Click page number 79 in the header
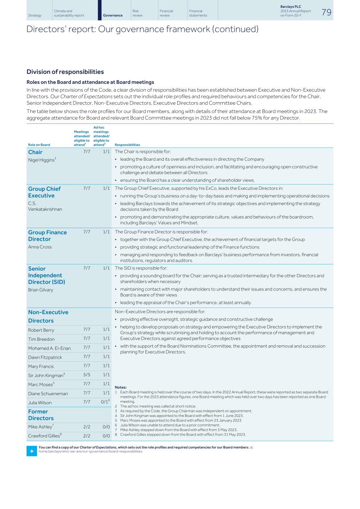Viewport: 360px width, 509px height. pyautogui.click(x=326, y=12)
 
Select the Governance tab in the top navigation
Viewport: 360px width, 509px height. pyautogui.click(x=113, y=15)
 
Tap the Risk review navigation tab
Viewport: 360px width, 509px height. pyautogui.click(x=137, y=13)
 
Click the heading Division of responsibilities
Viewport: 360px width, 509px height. pyautogui.click(x=65, y=72)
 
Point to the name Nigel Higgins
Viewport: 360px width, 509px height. pyautogui.click(x=41, y=160)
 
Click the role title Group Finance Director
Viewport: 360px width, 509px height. pyautogui.click(x=47, y=236)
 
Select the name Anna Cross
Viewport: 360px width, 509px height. pyautogui.click(x=40, y=247)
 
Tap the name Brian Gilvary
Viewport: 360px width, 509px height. pyautogui.click(x=41, y=290)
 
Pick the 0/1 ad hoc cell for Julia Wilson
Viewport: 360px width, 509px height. pyautogui.click(x=105, y=402)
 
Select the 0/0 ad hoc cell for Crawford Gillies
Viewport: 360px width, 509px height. pyautogui.click(x=106, y=436)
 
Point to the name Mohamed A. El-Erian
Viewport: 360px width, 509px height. pyautogui.click(x=49, y=348)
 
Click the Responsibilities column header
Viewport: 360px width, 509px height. pyautogui.click(x=127, y=145)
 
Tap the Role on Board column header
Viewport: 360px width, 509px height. pyautogui.click(x=39, y=145)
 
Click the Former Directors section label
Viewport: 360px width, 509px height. pyautogui.click(x=41, y=415)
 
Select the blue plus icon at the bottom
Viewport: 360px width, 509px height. pyautogui.click(x=31, y=451)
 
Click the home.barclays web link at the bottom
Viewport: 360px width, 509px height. pyautogui.click(x=90, y=451)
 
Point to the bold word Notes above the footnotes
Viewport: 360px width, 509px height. pyautogui.click(x=120, y=387)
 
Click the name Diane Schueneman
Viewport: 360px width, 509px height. pyautogui.click(x=48, y=393)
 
